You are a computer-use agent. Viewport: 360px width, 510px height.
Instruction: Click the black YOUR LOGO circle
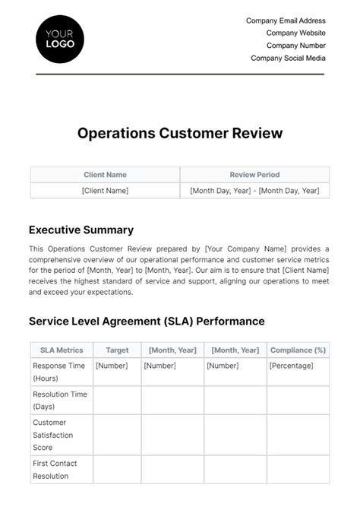tap(60, 39)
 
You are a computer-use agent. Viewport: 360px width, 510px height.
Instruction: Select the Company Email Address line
tap(286, 21)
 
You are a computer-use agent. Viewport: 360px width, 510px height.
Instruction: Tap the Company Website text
tap(295, 33)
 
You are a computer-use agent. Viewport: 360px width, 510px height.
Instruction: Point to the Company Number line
tap(295, 46)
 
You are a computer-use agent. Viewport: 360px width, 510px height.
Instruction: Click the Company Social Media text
tap(288, 58)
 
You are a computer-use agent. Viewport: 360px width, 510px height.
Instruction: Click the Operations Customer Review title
tap(180, 133)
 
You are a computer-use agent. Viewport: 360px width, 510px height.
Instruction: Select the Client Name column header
tap(105, 175)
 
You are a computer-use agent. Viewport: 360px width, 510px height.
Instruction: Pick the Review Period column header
tap(254, 175)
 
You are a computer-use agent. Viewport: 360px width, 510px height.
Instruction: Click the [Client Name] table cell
tap(105, 191)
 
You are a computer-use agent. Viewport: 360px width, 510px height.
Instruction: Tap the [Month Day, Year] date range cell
tap(254, 191)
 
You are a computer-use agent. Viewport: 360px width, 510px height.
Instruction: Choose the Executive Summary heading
tap(81, 230)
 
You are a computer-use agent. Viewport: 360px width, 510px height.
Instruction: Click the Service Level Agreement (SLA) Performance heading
tap(147, 322)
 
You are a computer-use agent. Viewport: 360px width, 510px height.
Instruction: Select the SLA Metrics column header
tap(61, 350)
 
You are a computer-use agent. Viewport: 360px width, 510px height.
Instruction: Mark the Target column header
tap(117, 350)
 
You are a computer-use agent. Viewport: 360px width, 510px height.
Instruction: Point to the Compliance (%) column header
tap(298, 350)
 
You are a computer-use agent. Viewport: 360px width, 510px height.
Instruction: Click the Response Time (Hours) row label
tap(59, 372)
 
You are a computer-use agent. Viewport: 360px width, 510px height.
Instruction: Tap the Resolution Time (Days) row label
tap(59, 401)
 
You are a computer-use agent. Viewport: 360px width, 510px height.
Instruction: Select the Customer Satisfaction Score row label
tap(53, 436)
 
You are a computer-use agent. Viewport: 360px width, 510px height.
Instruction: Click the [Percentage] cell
tap(291, 366)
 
